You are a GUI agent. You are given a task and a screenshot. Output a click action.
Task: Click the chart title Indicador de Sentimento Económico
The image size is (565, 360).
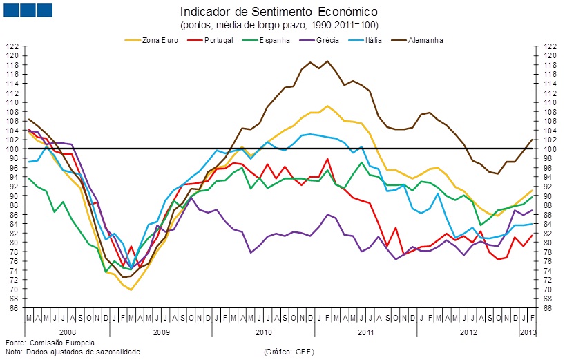pyautogui.click(x=279, y=12)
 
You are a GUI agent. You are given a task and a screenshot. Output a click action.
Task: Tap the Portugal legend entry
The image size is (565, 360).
pyautogui.click(x=222, y=40)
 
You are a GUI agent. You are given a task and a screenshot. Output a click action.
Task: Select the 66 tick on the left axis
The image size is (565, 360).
pyautogui.click(x=13, y=307)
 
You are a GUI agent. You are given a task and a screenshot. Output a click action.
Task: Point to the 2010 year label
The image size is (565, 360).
pyautogui.click(x=263, y=332)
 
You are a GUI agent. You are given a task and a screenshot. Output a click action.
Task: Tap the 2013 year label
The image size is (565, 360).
pyautogui.click(x=527, y=332)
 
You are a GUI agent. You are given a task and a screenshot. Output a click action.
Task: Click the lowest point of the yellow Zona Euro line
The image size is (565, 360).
pyautogui.click(x=131, y=290)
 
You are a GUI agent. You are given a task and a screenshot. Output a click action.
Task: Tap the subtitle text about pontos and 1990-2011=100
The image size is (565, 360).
pyautogui.click(x=279, y=25)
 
